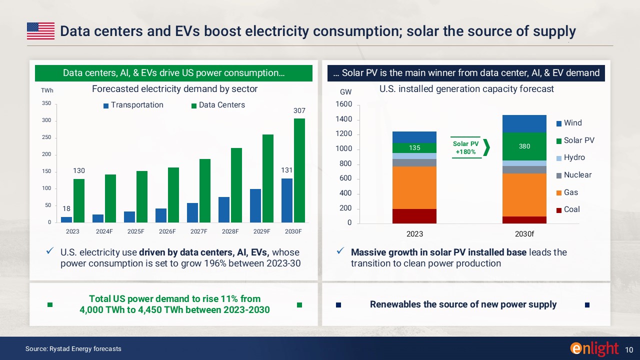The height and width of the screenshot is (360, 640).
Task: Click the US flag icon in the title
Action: (x=40, y=31)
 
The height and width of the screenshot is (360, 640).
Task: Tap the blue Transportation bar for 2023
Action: (x=66, y=219)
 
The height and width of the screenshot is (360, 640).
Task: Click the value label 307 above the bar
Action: (x=299, y=110)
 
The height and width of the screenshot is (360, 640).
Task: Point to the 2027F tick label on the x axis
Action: (x=198, y=231)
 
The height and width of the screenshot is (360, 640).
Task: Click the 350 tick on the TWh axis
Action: (x=46, y=104)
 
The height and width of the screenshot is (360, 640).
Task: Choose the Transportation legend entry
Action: (x=133, y=105)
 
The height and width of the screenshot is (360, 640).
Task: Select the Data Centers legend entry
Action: (x=218, y=105)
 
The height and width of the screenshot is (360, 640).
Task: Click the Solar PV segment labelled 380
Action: (x=524, y=146)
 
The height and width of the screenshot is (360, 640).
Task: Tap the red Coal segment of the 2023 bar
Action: (x=414, y=216)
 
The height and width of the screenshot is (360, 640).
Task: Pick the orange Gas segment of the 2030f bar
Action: (x=524, y=195)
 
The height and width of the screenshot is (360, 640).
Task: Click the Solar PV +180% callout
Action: (x=465, y=147)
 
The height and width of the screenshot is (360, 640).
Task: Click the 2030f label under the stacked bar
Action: (x=524, y=233)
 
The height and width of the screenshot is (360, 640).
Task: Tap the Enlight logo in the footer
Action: (x=594, y=348)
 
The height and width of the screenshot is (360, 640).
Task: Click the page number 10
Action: (x=629, y=348)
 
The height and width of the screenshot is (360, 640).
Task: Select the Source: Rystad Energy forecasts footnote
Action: (x=73, y=348)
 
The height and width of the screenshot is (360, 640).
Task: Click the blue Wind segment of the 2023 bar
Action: (x=414, y=137)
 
